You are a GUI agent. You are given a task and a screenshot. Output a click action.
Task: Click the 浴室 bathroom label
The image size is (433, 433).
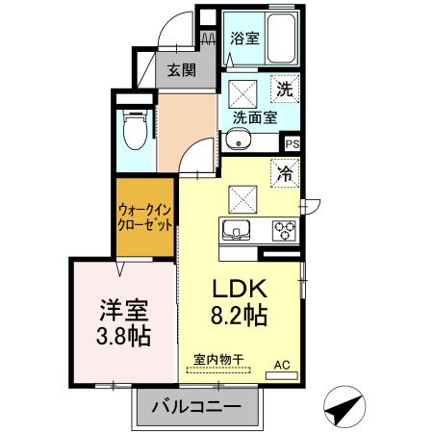pyautogui.click(x=244, y=39)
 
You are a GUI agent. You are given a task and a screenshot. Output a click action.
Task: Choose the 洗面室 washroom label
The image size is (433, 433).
pyautogui.click(x=255, y=117)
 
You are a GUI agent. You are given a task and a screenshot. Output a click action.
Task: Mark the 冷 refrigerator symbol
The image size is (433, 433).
pyautogui.click(x=285, y=173)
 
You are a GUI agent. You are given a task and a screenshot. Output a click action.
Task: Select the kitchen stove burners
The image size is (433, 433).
pyautogui.click(x=286, y=231)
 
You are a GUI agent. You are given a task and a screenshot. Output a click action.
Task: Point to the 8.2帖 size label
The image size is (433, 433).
pyautogui.click(x=242, y=315)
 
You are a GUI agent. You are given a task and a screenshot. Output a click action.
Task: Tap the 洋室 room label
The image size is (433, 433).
pyautogui.click(x=123, y=311)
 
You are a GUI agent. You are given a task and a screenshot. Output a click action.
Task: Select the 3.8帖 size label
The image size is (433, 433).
pyautogui.click(x=123, y=338)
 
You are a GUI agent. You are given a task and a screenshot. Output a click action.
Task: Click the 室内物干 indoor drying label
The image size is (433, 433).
pyautogui.click(x=218, y=360)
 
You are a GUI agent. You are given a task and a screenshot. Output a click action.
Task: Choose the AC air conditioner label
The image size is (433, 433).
pyautogui.click(x=282, y=365)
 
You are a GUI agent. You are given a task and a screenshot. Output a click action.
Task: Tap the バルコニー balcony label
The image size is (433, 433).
pyautogui.click(x=196, y=408)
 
